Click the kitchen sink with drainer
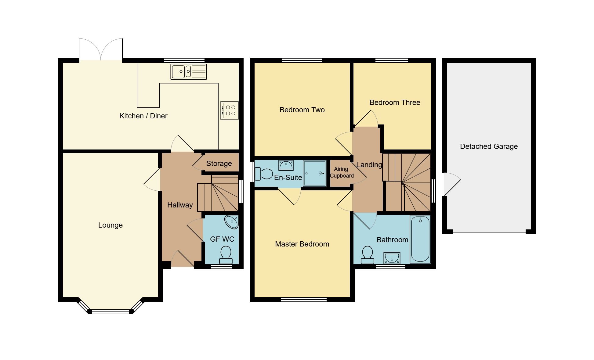point(188,72)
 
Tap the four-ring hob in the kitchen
point(230,110)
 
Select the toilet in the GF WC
point(226,255)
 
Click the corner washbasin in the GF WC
point(232,222)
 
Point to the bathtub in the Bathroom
point(420,239)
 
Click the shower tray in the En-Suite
point(315,173)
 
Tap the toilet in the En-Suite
point(264,174)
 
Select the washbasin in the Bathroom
point(392,258)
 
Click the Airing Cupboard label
point(342,172)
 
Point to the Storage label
point(219,164)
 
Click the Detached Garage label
point(489,146)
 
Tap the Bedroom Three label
point(395,103)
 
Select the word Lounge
point(110,225)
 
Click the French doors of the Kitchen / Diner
point(101,50)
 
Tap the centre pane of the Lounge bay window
point(110,311)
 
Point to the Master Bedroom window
point(303,300)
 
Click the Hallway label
point(180,205)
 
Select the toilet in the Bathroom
point(367,255)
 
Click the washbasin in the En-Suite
point(286,165)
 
